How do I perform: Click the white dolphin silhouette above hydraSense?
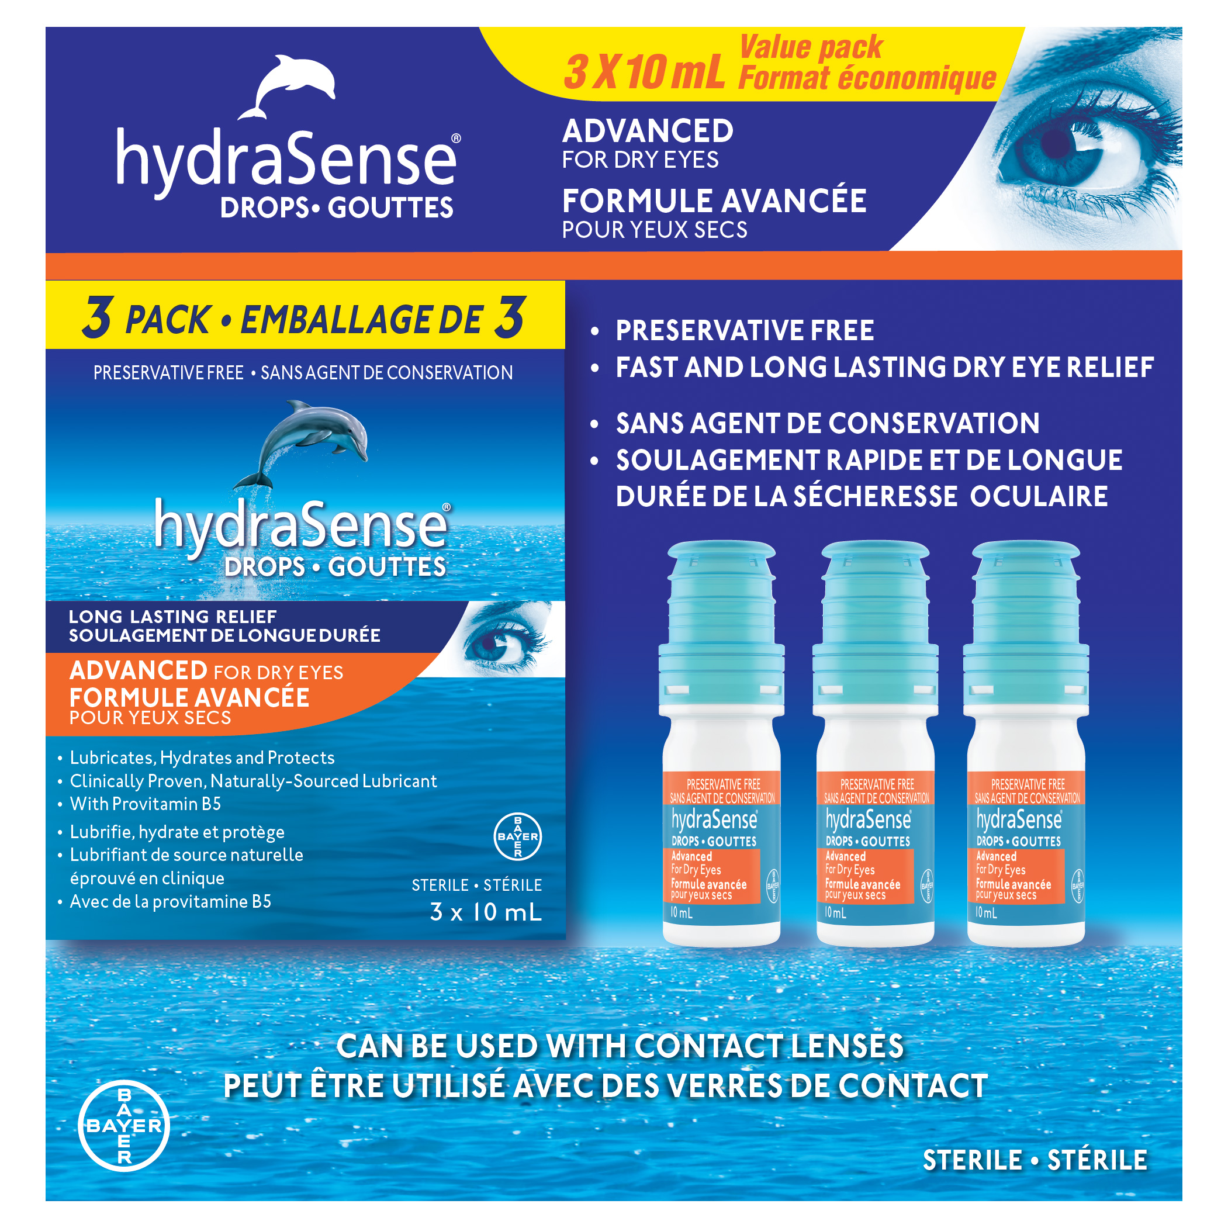click(x=289, y=86)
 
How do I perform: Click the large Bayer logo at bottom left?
click(x=124, y=1126)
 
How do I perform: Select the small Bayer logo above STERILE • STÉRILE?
click(x=517, y=836)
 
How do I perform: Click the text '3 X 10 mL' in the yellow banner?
click(x=644, y=72)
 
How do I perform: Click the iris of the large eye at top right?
click(x=1052, y=143)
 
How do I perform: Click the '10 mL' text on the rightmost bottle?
click(x=987, y=913)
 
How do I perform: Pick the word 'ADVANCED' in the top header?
click(x=648, y=131)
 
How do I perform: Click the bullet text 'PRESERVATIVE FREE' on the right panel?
click(x=745, y=330)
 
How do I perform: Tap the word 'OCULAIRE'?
click(x=1039, y=496)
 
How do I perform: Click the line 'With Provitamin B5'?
click(x=146, y=804)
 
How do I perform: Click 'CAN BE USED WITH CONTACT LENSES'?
click(x=620, y=1047)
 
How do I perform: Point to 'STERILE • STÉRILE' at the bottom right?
click(x=1035, y=1160)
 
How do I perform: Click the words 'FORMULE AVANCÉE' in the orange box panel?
click(x=189, y=698)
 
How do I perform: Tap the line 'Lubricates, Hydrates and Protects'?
click(x=202, y=757)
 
